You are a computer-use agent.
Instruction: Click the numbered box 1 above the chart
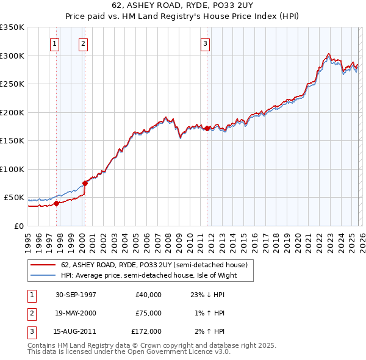point(55,43)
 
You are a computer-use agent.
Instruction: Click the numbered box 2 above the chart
point(82,43)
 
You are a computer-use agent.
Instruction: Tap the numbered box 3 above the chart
point(206,43)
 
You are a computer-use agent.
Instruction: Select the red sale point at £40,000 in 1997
point(57,203)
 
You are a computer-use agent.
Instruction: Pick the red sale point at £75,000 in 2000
point(85,183)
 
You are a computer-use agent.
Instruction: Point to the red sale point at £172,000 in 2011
point(207,128)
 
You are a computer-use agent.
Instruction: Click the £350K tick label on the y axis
point(12,27)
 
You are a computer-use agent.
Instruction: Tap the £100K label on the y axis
point(12,169)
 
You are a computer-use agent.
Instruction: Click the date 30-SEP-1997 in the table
point(76,295)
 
